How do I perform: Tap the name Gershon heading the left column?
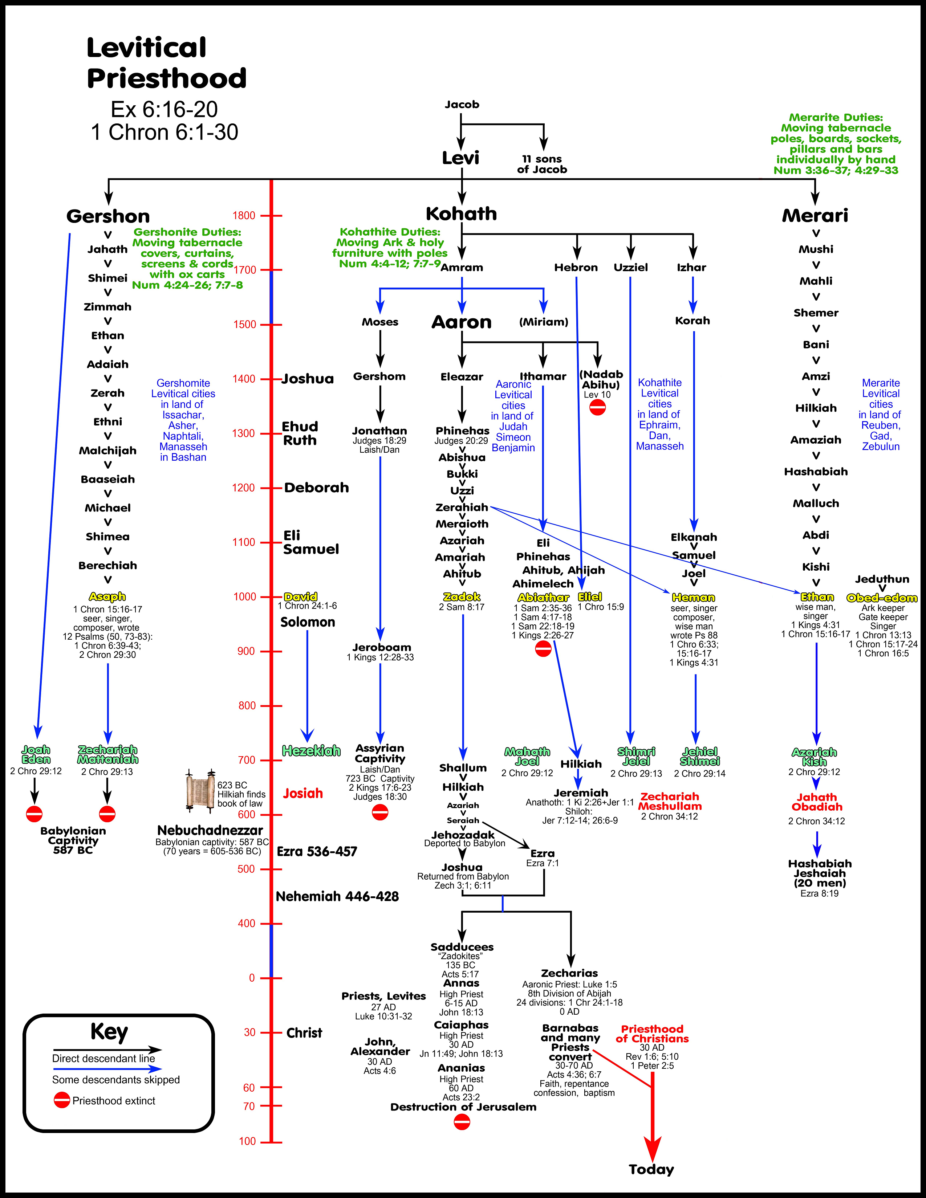tap(108, 216)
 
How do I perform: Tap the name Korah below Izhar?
tap(692, 321)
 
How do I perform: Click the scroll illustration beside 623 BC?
tap(200, 790)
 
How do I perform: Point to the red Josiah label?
tap(303, 793)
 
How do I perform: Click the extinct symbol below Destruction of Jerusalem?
tap(462, 1122)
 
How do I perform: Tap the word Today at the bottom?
tap(651, 1169)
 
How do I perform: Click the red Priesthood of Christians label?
tap(652, 1034)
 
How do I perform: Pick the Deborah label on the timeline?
tap(317, 488)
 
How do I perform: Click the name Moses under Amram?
tap(379, 322)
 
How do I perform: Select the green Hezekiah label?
tap(311, 751)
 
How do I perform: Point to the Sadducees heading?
tap(462, 947)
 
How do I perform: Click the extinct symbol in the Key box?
tap(62, 1100)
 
